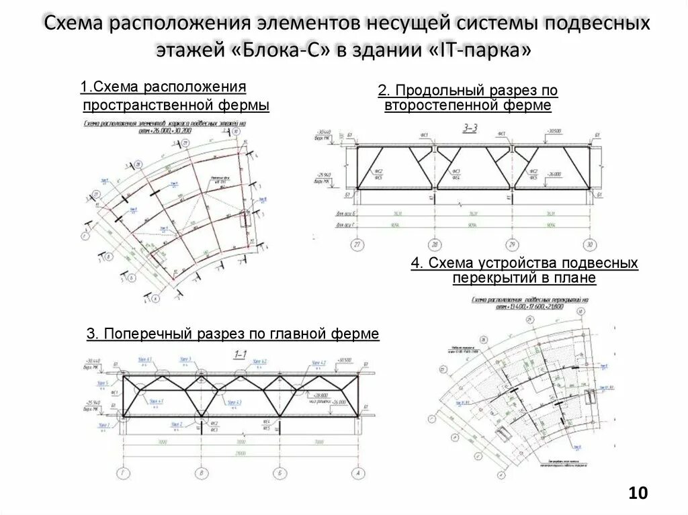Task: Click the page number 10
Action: coord(638,494)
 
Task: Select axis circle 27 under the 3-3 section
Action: coord(357,244)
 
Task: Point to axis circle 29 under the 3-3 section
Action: coord(513,244)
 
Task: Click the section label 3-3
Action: coord(470,127)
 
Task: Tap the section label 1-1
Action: coord(240,354)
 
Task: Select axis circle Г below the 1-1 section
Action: coord(122,473)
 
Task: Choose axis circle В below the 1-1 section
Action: coord(201,473)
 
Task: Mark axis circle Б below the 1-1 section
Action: coord(280,473)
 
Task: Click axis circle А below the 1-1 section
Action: coord(359,473)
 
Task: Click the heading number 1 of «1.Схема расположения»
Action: coord(83,87)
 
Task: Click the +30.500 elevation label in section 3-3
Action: coord(554,130)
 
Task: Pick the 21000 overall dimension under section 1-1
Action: coord(241,453)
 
